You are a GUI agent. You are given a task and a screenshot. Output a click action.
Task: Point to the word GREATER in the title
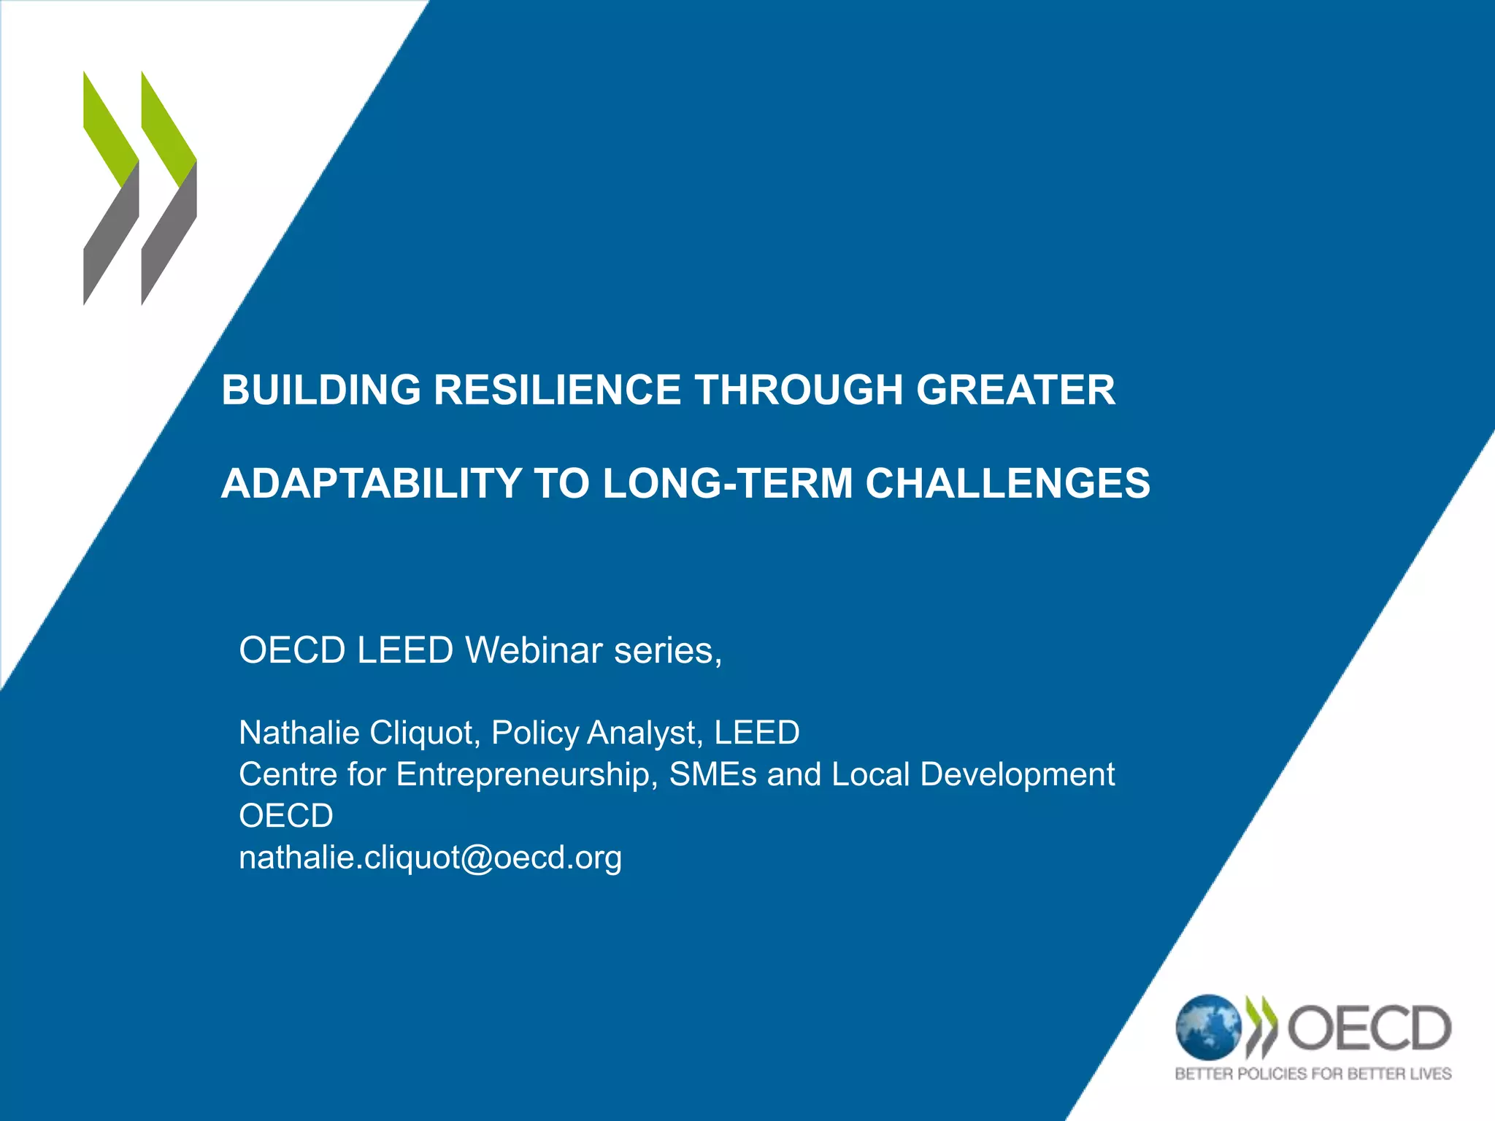[1015, 390]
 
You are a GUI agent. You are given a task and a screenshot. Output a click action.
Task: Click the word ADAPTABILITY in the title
[372, 483]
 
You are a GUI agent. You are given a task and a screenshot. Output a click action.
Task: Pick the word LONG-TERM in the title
[728, 483]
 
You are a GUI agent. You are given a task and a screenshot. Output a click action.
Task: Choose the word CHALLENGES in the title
[1007, 483]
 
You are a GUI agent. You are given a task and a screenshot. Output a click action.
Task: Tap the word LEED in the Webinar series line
[405, 650]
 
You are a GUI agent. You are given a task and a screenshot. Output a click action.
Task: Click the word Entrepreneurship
[523, 774]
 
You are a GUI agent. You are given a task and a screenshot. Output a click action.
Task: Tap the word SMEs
[712, 774]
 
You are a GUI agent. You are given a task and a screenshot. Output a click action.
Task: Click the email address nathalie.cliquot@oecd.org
[430, 858]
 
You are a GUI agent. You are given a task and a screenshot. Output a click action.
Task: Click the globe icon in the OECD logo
[1207, 1027]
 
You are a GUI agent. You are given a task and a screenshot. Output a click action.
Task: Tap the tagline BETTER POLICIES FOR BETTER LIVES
[1313, 1074]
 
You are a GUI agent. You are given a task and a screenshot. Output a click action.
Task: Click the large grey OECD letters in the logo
[1369, 1028]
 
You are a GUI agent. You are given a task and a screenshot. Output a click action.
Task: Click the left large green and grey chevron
[111, 188]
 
